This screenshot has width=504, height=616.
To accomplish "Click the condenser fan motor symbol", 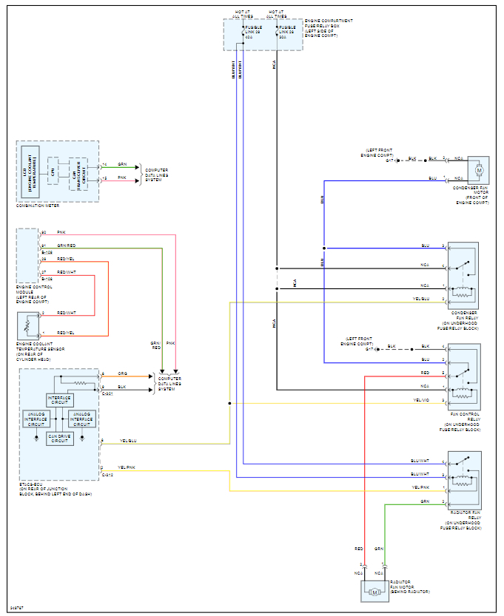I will [479, 171].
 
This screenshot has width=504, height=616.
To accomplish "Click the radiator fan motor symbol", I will [374, 592].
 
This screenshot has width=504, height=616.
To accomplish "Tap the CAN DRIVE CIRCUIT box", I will [59, 437].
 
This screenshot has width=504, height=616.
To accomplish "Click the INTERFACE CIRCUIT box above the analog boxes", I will [60, 399].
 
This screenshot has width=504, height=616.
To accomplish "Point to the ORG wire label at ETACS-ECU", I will [122, 375].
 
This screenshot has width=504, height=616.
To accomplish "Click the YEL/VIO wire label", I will [421, 401].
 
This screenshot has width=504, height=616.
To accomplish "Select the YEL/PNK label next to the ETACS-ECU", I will [128, 468].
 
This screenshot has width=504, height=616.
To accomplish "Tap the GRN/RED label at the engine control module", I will [67, 246].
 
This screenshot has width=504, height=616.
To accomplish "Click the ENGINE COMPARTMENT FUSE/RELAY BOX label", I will [329, 27].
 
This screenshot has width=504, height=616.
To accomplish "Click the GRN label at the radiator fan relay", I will [425, 501].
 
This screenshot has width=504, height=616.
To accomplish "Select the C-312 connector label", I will [108, 475].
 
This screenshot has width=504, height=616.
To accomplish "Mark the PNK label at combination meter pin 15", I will [122, 178].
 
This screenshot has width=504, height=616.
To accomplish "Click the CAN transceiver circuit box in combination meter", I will [78, 174].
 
